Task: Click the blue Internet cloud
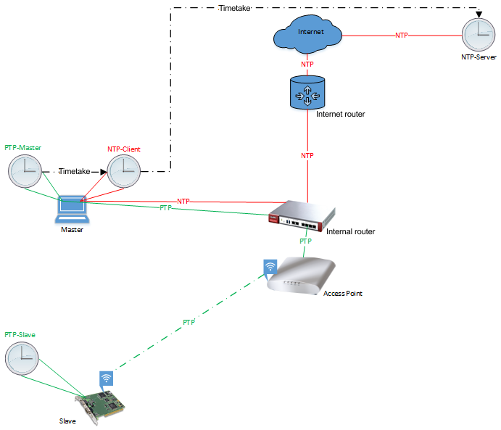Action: tap(307, 34)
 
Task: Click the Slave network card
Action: tap(102, 406)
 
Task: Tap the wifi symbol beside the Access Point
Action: tap(270, 268)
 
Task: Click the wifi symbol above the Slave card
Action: tap(107, 379)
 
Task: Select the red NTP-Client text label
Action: tap(124, 149)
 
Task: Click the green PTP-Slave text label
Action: tap(20, 335)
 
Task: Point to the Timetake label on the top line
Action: tap(236, 8)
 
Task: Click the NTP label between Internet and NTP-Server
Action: tap(402, 35)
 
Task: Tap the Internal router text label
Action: tap(351, 231)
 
